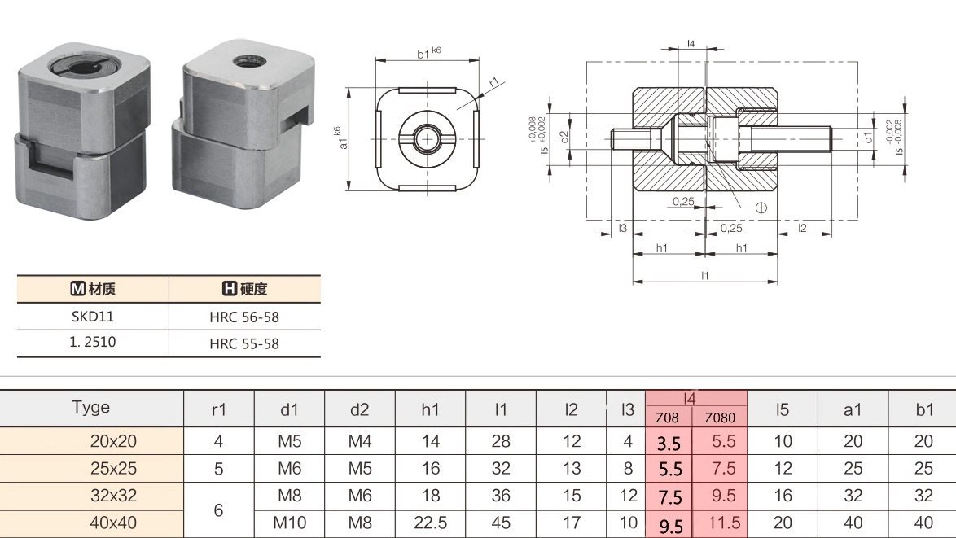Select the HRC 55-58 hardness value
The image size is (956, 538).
[x=244, y=343]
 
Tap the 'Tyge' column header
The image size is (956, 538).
[x=91, y=407]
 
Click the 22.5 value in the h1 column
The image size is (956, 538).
[x=431, y=523]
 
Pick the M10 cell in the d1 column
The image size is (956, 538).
[x=290, y=523]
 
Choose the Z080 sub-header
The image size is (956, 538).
[x=720, y=418]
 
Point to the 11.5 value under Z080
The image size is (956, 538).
[x=721, y=523]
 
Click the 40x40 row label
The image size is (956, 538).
[x=113, y=523]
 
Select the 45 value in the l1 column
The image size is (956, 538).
[x=501, y=523]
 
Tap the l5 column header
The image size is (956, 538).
[x=783, y=409]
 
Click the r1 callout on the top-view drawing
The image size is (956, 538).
[x=494, y=82]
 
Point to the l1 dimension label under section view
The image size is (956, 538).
[x=705, y=276]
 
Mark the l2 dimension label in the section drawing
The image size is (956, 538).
[x=802, y=228]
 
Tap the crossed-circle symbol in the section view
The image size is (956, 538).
[x=761, y=207]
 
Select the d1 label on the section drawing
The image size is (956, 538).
[x=868, y=138]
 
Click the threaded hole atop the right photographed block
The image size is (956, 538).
[x=243, y=61]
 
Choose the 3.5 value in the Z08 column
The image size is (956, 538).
[x=669, y=444]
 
